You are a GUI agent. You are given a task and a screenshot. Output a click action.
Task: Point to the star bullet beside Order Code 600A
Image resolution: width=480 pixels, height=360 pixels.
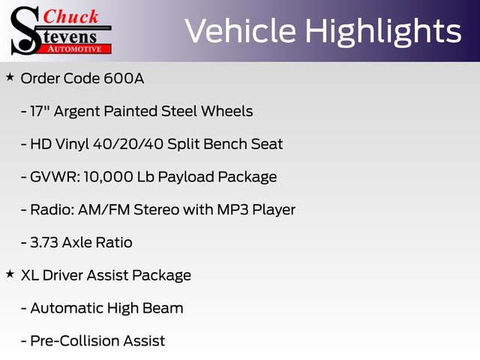(10, 77)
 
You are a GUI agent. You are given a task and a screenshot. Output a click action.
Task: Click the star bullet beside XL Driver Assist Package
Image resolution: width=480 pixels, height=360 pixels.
(10, 274)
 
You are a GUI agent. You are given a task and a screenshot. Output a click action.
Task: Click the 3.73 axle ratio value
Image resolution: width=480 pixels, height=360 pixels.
(46, 242)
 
